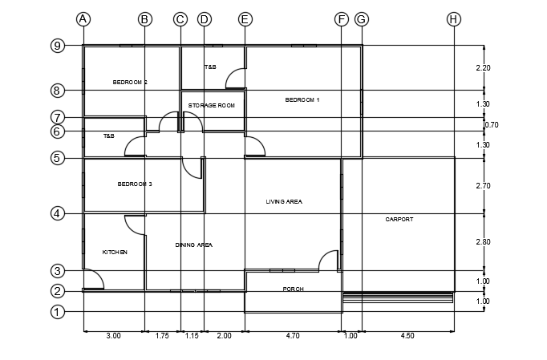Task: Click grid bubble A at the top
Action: click(x=83, y=19)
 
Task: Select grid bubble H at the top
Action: click(x=454, y=19)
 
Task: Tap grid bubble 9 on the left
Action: click(x=57, y=46)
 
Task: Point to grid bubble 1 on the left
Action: click(x=57, y=312)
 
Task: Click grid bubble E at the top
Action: click(x=245, y=19)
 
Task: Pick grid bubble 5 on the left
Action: click(x=57, y=158)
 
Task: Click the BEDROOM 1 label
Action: click(x=302, y=100)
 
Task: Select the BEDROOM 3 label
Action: click(x=135, y=184)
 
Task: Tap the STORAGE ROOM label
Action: click(x=211, y=105)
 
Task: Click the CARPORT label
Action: click(x=399, y=219)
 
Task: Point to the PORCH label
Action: click(x=293, y=289)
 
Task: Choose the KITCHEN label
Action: click(x=115, y=253)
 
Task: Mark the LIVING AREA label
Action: click(x=284, y=201)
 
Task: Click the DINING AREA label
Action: click(x=193, y=245)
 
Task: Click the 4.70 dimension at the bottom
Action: click(x=293, y=337)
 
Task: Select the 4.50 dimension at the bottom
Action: click(x=407, y=337)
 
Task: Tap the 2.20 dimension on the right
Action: click(x=483, y=68)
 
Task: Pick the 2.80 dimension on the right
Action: click(x=483, y=242)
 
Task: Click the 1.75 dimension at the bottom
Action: click(x=162, y=337)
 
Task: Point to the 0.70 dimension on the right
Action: click(x=492, y=125)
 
